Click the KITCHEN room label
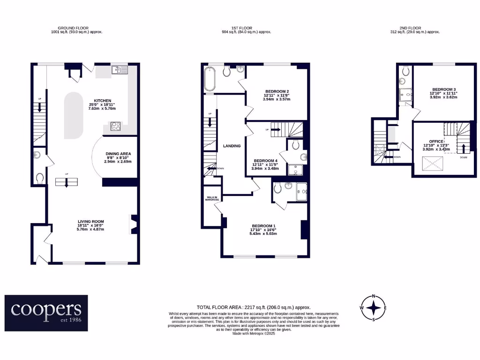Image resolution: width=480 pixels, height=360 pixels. coord(102,101)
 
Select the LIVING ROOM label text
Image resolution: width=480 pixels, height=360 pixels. coord(90,221)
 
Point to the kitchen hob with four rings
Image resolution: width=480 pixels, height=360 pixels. coord(115,126)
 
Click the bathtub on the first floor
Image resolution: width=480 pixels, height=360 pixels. coord(209,79)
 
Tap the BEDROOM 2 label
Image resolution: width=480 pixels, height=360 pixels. coord(277,91)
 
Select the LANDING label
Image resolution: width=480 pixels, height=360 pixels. coord(232,146)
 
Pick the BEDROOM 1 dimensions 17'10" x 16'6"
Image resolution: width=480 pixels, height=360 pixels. coord(263,230)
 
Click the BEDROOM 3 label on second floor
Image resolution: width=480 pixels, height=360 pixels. coord(444,90)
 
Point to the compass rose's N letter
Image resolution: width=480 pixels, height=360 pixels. coord(374,296)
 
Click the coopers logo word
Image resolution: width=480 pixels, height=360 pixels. coord(46,309)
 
